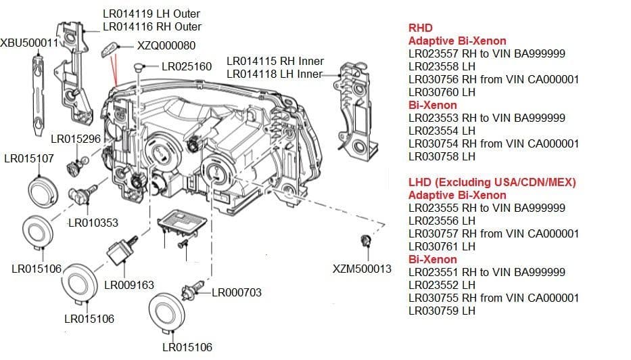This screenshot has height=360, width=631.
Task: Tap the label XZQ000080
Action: click(x=166, y=46)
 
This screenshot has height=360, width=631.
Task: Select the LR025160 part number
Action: click(x=187, y=67)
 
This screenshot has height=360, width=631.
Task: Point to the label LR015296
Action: click(x=76, y=139)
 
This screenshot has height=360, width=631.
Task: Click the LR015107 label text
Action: click(x=29, y=159)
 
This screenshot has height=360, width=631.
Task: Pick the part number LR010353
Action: click(x=93, y=223)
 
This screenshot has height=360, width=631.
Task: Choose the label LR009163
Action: click(x=129, y=285)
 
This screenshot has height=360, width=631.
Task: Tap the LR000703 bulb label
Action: click(x=237, y=292)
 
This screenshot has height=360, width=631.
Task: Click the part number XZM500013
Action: click(x=362, y=269)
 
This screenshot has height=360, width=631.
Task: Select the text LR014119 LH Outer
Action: click(x=151, y=14)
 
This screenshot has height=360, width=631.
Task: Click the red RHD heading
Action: click(x=420, y=28)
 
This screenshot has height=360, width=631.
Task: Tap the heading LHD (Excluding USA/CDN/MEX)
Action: click(x=492, y=183)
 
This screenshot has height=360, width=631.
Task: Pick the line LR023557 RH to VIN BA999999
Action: click(x=487, y=54)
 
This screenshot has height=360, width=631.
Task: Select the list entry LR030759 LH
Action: click(x=442, y=311)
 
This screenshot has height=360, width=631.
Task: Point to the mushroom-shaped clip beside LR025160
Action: click(x=139, y=66)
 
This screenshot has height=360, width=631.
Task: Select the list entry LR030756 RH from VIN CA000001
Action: click(x=494, y=79)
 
